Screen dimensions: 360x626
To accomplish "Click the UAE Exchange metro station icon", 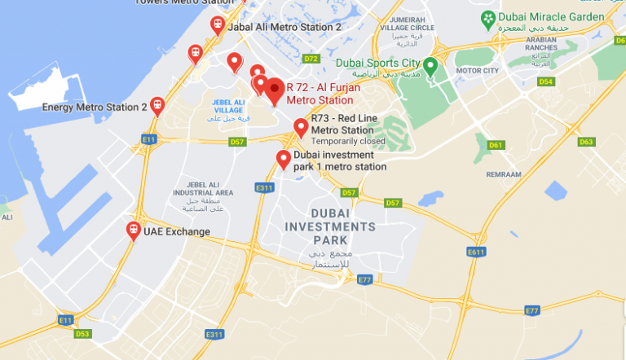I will coord(133,231).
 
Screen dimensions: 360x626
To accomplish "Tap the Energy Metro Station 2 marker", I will coord(157,106).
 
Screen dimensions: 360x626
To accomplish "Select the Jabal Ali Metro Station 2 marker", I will coord(217,25).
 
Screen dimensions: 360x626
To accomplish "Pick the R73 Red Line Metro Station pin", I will coord(301,127).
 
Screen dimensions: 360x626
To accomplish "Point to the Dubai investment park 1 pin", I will coord(284,159).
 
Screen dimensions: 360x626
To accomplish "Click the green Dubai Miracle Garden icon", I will coord(487,17).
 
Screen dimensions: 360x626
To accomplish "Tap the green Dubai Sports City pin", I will coord(431,65).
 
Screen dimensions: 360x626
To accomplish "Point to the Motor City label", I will coord(477,71).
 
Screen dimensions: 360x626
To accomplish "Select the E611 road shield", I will coord(477,252).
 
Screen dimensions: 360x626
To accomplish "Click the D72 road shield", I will coord(311,59).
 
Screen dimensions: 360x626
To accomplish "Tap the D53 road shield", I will coord(82,333).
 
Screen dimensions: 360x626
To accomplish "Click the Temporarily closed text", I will coord(348,141).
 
